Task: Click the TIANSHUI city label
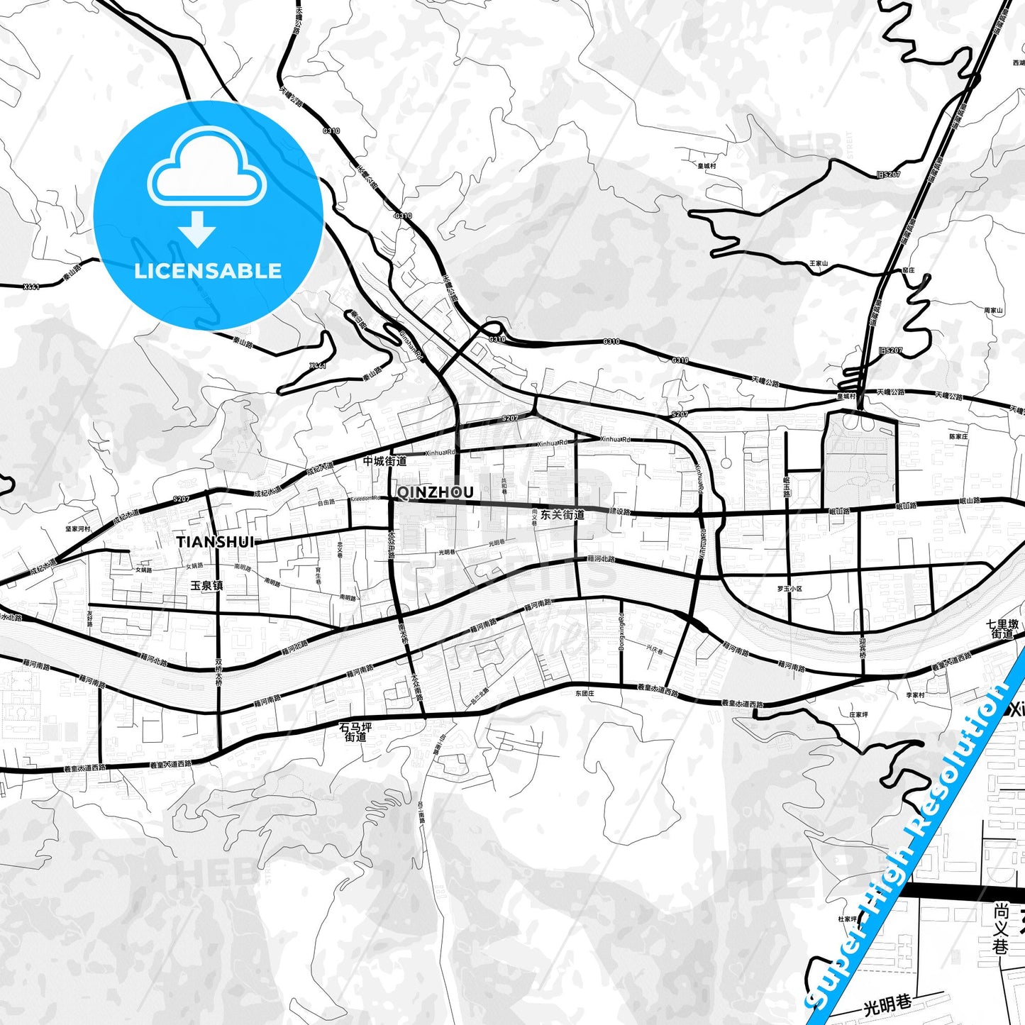point(215,542)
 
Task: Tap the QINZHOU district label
point(435,492)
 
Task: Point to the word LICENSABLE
point(208,271)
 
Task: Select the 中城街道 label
point(384,461)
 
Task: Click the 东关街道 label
point(562,515)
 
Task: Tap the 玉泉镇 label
point(207,586)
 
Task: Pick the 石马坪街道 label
point(355,732)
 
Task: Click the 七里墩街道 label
point(1002,629)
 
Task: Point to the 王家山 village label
point(819,264)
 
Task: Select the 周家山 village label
point(993,311)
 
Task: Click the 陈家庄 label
point(958,437)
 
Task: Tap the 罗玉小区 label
point(789,589)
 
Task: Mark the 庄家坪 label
point(858,715)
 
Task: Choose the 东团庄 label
point(584,694)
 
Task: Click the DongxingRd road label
point(621,632)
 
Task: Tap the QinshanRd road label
point(411,344)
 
